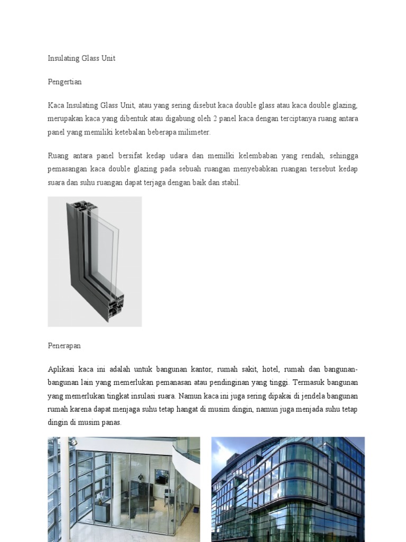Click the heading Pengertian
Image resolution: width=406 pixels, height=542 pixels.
pos(64,82)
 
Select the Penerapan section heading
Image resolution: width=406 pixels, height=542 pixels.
pos(64,346)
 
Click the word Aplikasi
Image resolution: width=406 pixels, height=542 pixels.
pos(62,368)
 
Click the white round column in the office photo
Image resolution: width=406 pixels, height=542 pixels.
pos(65,487)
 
